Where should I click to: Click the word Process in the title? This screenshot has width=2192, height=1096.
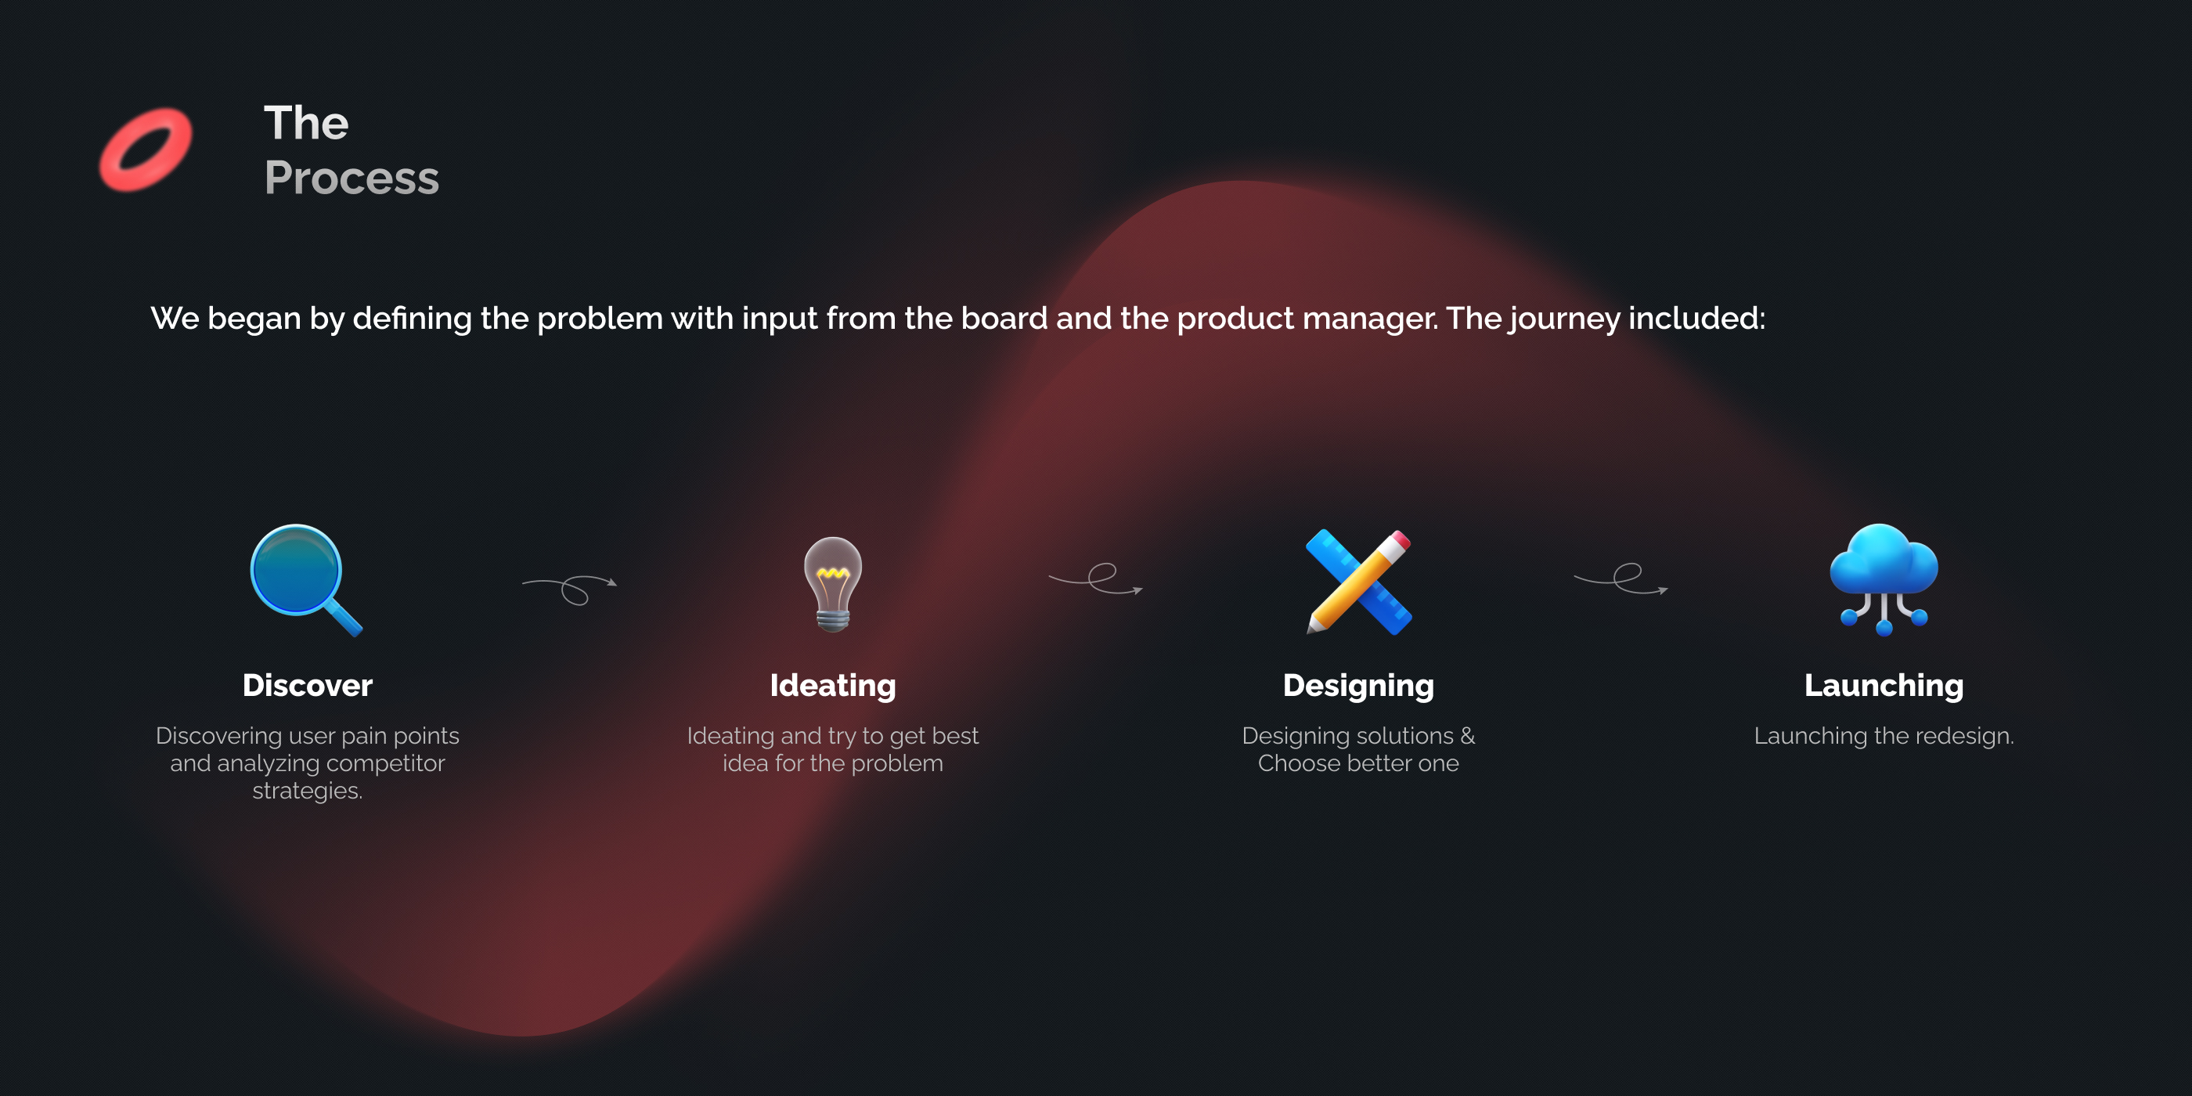tap(352, 178)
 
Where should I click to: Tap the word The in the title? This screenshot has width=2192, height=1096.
tap(306, 124)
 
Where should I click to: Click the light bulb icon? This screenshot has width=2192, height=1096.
tap(833, 584)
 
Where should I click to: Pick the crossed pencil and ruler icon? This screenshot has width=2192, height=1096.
tap(1359, 582)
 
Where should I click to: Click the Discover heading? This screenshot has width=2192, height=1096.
tap(307, 686)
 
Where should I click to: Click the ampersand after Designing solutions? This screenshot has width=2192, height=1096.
tap(1468, 735)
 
